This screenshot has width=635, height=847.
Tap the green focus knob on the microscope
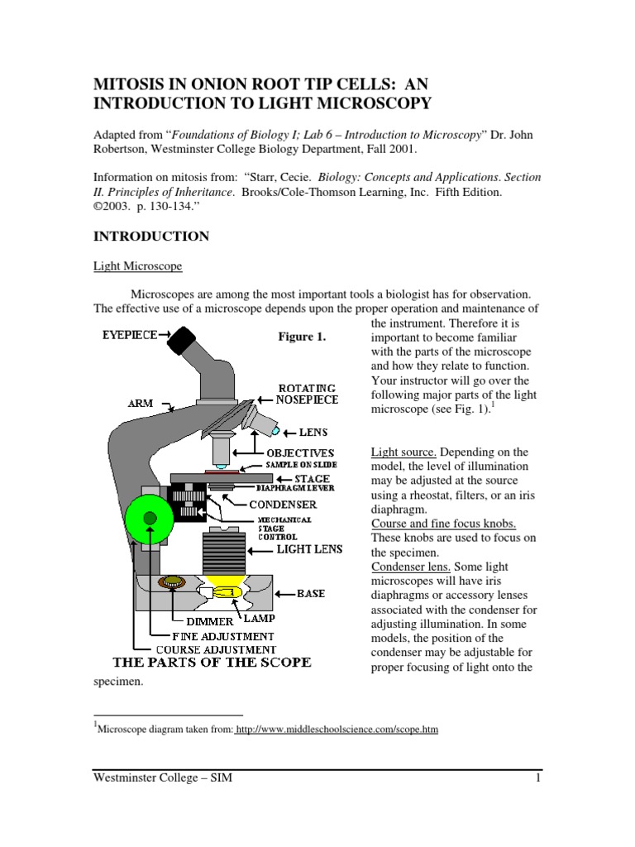150,519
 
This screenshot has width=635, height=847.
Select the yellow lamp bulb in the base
230,591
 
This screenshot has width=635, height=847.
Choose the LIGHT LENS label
309,548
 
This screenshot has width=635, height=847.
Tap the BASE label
311,594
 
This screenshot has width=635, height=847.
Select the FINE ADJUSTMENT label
222,635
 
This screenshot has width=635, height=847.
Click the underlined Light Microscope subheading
136,266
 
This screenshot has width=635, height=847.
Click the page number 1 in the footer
537,778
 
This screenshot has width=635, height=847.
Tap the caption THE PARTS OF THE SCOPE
212,663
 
